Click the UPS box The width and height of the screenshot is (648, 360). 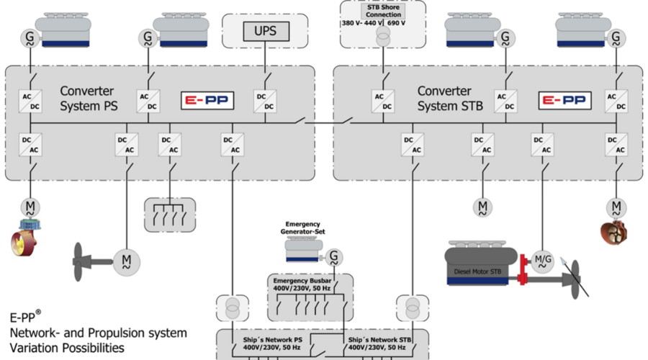(x=261, y=31)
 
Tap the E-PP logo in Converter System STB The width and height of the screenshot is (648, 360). (x=566, y=101)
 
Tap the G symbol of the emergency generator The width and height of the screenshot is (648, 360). (x=334, y=256)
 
